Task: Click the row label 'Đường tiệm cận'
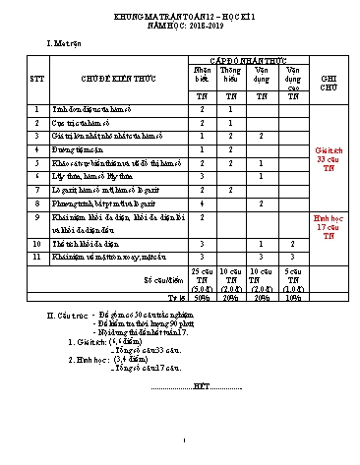80,148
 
